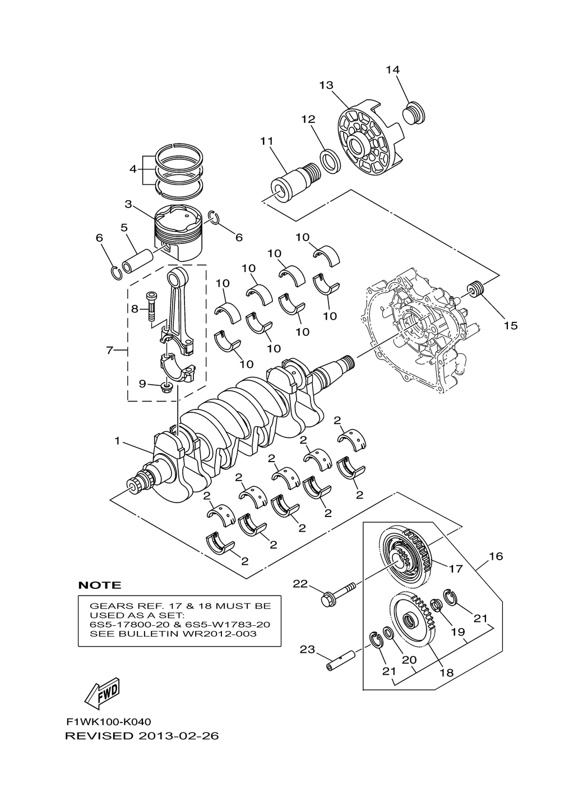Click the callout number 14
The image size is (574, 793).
coord(392,70)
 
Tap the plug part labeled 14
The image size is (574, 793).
coord(414,113)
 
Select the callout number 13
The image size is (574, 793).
coord(326,86)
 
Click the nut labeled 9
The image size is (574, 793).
coord(166,386)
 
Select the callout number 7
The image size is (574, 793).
coord(110,351)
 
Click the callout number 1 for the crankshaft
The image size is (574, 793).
coord(118,441)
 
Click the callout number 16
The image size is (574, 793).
coord(496,556)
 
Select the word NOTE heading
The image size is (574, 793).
coord(100,585)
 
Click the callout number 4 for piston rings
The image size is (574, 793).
coord(133,169)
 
